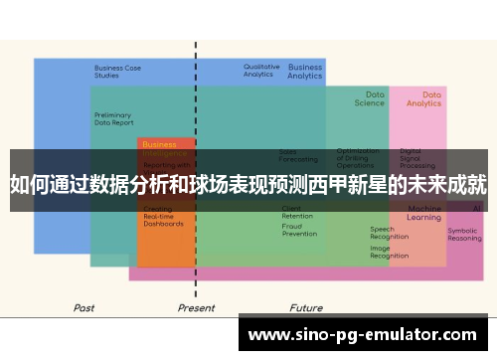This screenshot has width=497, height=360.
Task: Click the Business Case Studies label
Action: pyautogui.click(x=117, y=72)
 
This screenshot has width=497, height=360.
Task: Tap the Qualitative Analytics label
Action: pyautogui.click(x=261, y=71)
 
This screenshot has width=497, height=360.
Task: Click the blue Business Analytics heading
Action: pyautogui.click(x=305, y=72)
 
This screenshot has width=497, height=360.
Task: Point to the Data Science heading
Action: pyautogui.click(x=369, y=98)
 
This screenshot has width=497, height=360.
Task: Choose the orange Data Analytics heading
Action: pyautogui.click(x=424, y=98)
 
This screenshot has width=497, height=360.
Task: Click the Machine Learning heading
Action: pyautogui.click(x=424, y=213)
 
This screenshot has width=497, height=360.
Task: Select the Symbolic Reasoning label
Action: pyautogui.click(x=464, y=235)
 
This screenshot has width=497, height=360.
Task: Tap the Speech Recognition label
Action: pyautogui.click(x=390, y=234)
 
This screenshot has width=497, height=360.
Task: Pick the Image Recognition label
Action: pyautogui.click(x=390, y=252)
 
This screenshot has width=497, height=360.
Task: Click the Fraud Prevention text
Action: pyautogui.click(x=299, y=230)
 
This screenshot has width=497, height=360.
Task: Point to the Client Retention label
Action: pyautogui.click(x=297, y=212)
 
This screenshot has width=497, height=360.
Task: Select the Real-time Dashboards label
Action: pyautogui.click(x=163, y=220)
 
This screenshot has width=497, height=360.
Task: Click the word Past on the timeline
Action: pyautogui.click(x=84, y=308)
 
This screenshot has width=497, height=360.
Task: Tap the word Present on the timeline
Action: pyautogui.click(x=196, y=308)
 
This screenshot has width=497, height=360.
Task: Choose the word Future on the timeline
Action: pyautogui.click(x=306, y=308)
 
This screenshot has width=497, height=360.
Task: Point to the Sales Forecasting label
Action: pyautogui.click(x=298, y=156)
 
